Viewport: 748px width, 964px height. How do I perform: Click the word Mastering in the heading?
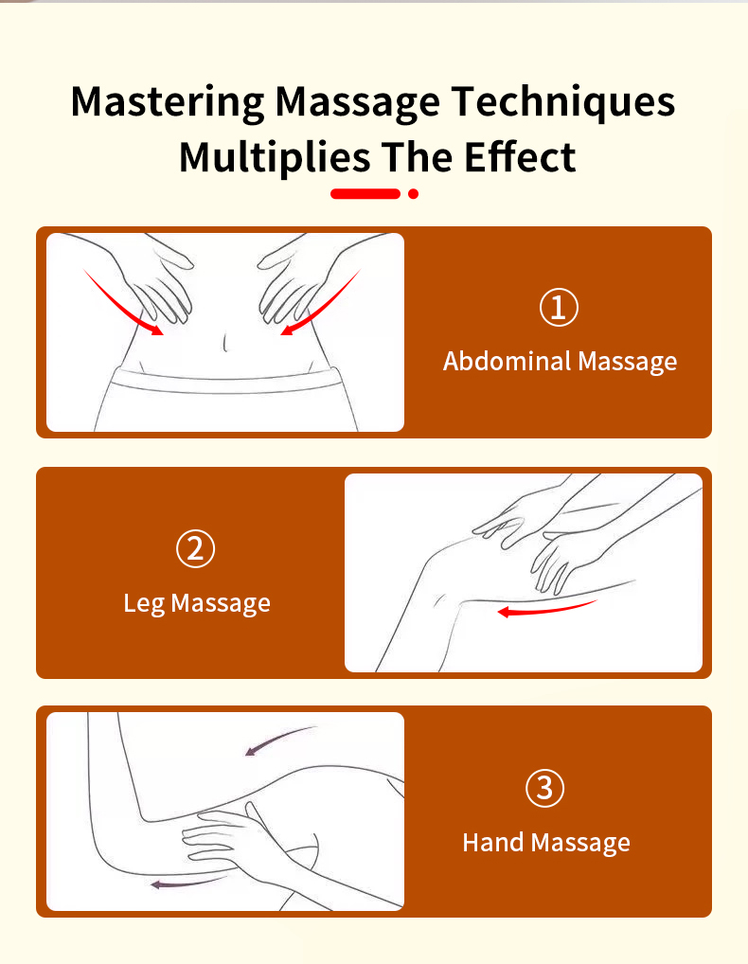point(168,102)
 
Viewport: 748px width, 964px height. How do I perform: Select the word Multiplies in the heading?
point(275,158)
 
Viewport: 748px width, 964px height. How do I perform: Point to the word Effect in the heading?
point(520,157)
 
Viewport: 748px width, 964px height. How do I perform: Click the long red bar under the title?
point(365,194)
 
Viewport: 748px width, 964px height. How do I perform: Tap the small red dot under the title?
point(413,194)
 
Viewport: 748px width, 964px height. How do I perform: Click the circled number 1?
point(559,308)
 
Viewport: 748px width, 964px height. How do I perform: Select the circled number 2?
point(195,549)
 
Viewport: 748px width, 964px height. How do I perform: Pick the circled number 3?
point(544,788)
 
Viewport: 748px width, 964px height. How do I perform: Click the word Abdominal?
point(508,361)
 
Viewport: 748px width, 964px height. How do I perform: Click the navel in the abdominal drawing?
point(225,342)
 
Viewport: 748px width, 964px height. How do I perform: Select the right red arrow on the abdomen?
point(323,306)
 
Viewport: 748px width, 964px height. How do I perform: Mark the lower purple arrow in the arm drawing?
point(187,883)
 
